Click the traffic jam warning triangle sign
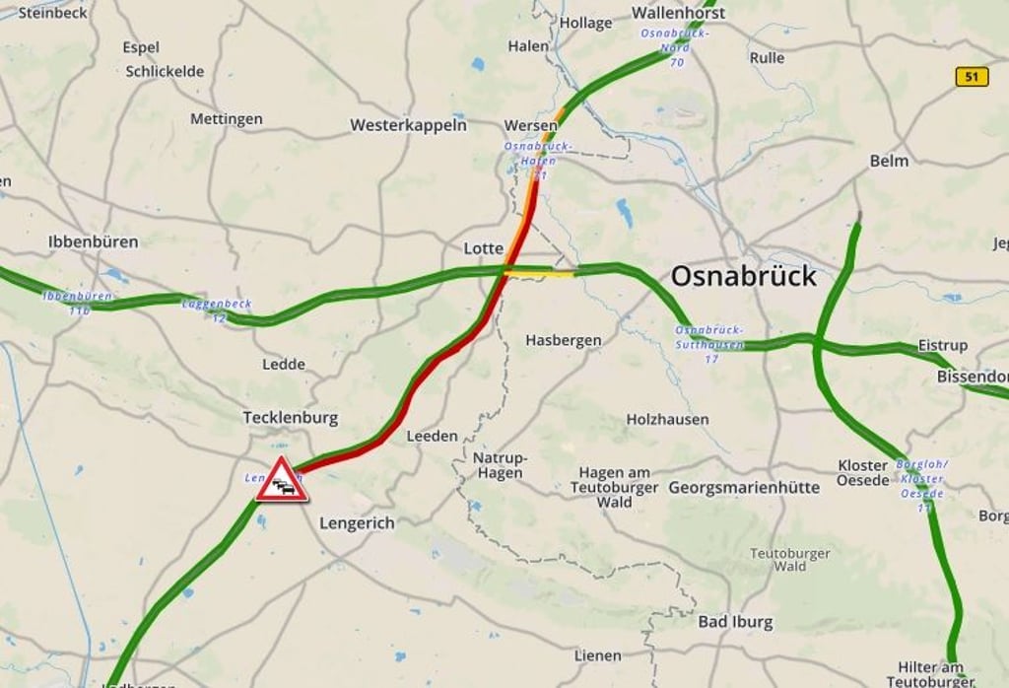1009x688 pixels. (282, 481)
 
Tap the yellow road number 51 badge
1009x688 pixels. (972, 77)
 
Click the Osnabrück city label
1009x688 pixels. (743, 276)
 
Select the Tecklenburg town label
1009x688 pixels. (290, 418)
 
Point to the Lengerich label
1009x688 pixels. (357, 523)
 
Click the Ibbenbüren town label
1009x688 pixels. (94, 241)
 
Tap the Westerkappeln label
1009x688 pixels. (408, 125)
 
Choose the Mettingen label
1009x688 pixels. (227, 119)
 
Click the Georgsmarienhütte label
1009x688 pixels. (744, 487)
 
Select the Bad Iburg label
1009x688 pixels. (735, 622)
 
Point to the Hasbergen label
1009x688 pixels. (563, 340)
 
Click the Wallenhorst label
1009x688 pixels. (678, 13)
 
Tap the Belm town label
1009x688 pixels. (889, 160)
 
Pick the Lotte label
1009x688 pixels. (484, 248)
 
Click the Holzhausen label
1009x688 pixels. (667, 419)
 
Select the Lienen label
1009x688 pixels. (598, 655)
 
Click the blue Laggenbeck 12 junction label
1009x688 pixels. (217, 310)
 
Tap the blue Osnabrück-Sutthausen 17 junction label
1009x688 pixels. (710, 343)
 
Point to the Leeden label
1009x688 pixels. (432, 436)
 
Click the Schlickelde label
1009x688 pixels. (165, 71)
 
